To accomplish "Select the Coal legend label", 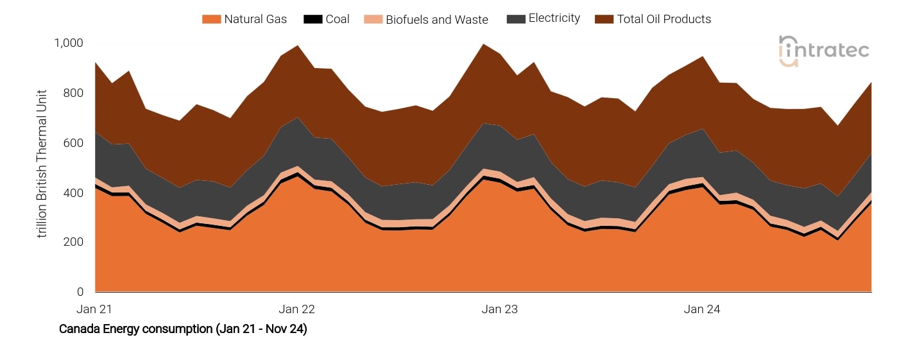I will click(338, 19).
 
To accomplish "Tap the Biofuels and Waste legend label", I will click(436, 20).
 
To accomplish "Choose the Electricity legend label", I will click(554, 19).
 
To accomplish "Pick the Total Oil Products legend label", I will click(664, 19).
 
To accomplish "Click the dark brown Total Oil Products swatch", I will click(604, 19).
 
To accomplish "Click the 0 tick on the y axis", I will click(80, 293).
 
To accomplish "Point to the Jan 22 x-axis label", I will click(297, 309).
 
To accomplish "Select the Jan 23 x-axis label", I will click(500, 309).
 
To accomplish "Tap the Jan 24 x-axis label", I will click(702, 309).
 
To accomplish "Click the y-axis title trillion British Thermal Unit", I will click(42, 163).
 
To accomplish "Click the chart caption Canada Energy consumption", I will click(183, 329).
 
